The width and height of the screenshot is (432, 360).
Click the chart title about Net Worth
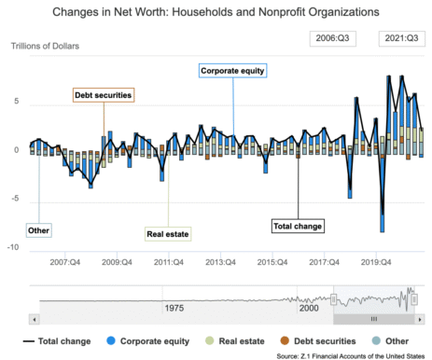[216, 13]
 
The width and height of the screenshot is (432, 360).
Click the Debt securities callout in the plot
[104, 94]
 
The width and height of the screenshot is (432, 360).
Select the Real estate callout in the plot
[168, 234]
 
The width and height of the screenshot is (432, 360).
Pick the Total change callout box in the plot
[299, 226]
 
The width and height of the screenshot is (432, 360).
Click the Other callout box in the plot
[38, 229]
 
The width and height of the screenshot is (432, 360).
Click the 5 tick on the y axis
[17, 103]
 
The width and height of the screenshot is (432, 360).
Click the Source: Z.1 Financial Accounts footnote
[350, 355]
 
